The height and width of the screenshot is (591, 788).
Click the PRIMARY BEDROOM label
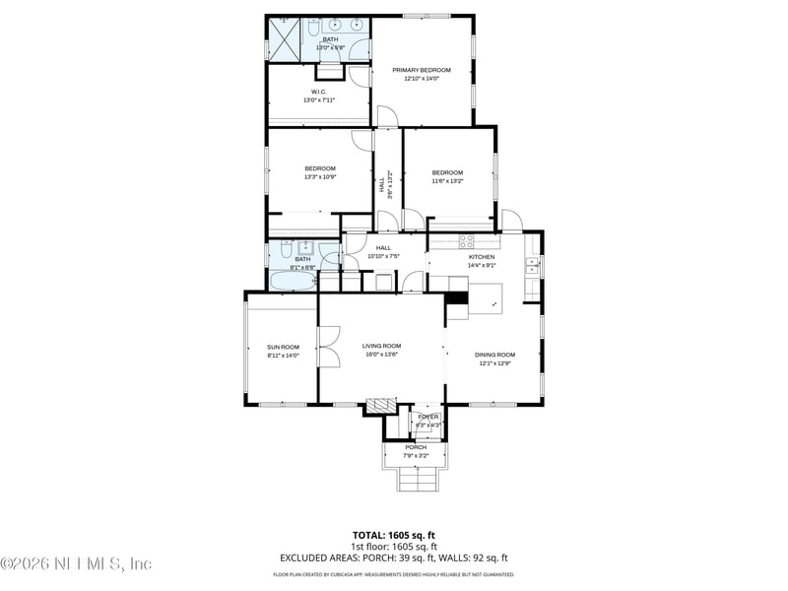tap(422, 70)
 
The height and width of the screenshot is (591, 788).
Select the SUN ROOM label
tap(283, 347)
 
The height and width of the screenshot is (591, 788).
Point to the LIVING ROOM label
tap(381, 346)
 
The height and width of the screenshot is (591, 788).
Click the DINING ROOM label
tap(494, 355)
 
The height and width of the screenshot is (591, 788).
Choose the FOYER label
tap(427, 417)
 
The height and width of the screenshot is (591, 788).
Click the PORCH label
tap(416, 447)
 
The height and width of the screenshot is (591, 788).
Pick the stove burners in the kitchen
tap(466, 239)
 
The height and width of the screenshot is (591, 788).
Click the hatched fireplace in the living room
tap(379, 404)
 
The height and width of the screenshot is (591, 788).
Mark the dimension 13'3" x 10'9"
tap(320, 177)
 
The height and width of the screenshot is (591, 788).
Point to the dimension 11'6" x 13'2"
tap(447, 181)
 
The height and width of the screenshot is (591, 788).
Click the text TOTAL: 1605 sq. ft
tap(394, 535)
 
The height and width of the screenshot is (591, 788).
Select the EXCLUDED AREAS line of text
tap(394, 557)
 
